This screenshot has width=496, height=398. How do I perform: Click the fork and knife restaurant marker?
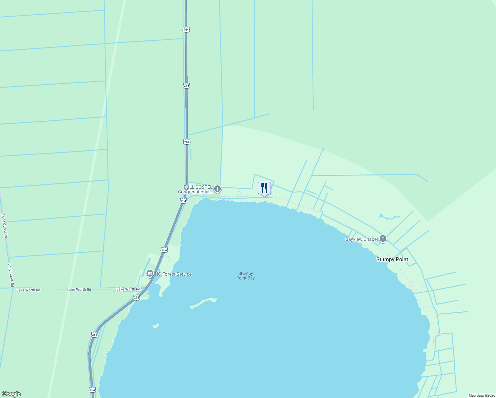(x=264, y=188)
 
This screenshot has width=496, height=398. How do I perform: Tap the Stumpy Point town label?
(x=392, y=259)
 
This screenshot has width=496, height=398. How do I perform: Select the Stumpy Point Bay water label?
(x=245, y=276)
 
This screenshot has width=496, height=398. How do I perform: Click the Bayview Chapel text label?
(x=361, y=239)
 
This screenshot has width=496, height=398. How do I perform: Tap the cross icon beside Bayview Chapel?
(x=383, y=238)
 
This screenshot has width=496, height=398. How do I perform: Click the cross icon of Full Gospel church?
(x=217, y=189)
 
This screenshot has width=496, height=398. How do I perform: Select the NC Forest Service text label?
(x=173, y=274)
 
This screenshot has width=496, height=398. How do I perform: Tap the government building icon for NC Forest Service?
(x=150, y=274)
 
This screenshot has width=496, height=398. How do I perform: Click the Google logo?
(x=11, y=394)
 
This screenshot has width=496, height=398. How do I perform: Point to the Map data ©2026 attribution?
(x=482, y=395)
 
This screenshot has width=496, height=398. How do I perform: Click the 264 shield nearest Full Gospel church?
(x=184, y=201)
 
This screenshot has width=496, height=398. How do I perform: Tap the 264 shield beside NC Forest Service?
(x=164, y=250)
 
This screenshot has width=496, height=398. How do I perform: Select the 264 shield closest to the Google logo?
(x=92, y=389)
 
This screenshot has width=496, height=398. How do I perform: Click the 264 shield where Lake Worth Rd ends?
(x=137, y=298)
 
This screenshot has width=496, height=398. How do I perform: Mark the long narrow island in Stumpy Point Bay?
(x=203, y=302)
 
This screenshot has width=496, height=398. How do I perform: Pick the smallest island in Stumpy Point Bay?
(x=155, y=326)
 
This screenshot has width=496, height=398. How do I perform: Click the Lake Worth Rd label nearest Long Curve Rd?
(x=28, y=290)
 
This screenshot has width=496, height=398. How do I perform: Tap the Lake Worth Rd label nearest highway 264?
(x=128, y=289)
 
